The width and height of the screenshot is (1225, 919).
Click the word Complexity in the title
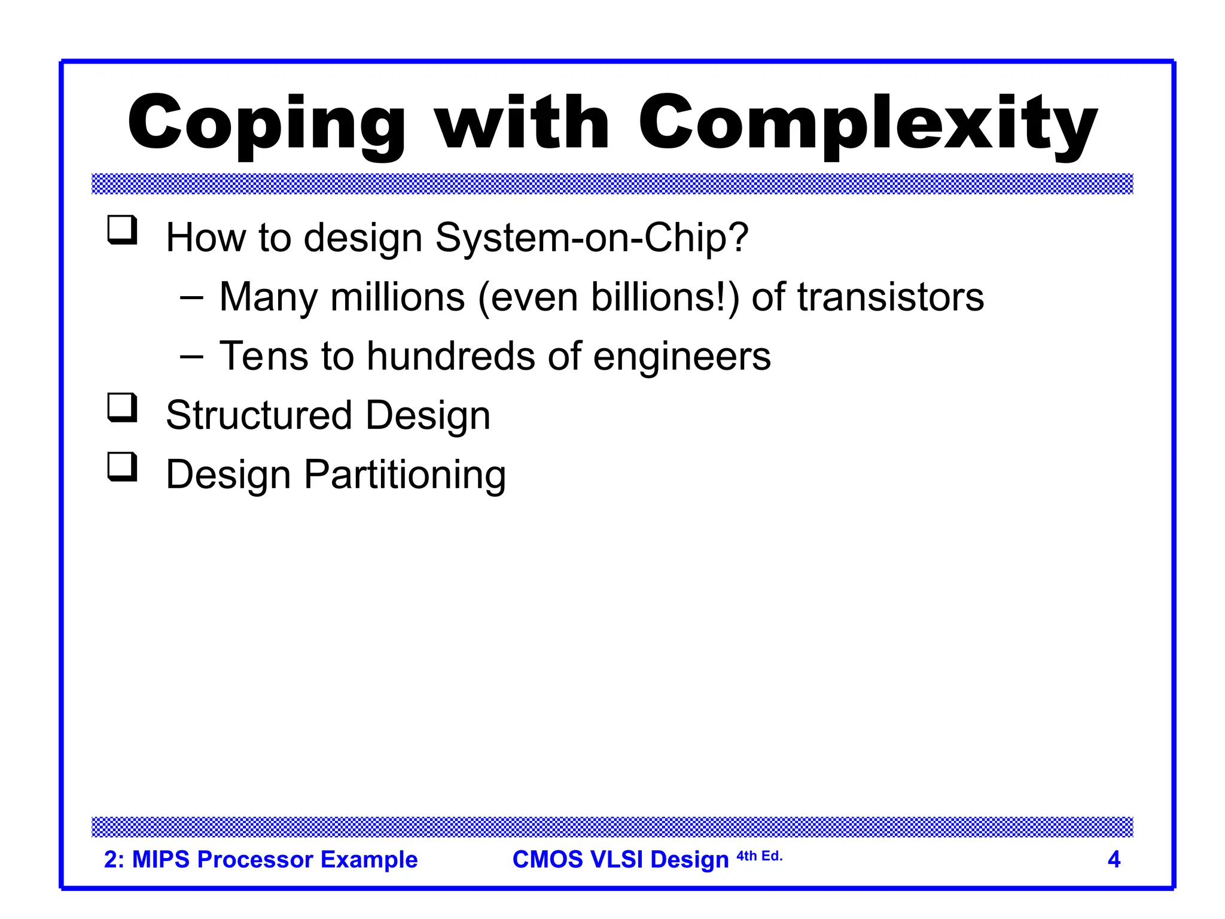coord(867,124)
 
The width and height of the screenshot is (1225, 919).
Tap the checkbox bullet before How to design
coord(122,230)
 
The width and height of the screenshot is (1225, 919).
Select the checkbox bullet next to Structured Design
coord(122,408)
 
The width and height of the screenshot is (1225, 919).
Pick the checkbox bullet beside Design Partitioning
coord(122,467)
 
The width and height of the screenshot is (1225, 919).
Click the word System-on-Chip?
coord(592,238)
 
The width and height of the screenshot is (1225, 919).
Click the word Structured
coord(259,415)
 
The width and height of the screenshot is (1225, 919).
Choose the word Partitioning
coord(405,475)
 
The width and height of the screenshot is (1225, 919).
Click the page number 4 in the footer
coord(1114,859)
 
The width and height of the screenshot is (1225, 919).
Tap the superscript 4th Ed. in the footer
coord(759,856)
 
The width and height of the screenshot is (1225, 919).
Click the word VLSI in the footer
coord(616,859)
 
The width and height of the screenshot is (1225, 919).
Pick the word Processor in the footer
coord(255,859)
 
